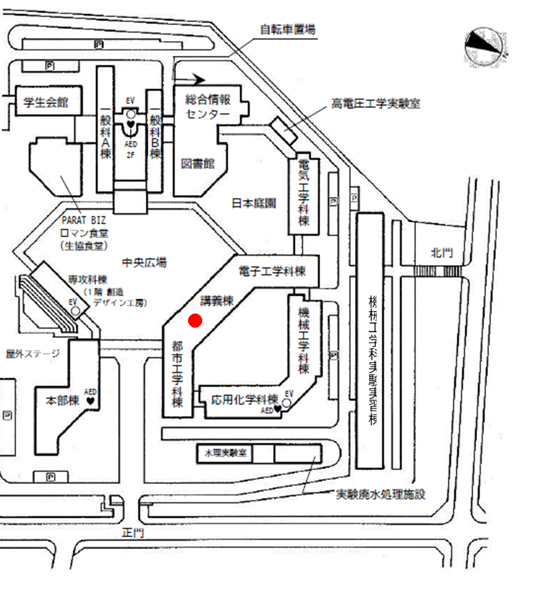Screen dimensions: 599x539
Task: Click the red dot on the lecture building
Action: [x=195, y=321]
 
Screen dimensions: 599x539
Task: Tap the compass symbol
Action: [x=484, y=48]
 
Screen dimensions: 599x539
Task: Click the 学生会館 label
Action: [x=45, y=103]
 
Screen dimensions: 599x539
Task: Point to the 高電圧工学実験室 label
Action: [x=375, y=104]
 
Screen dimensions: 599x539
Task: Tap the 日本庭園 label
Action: [x=254, y=203]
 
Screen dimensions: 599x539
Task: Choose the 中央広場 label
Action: [x=144, y=262]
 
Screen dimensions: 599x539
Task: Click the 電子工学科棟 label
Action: [x=272, y=271]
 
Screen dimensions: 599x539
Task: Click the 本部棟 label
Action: [x=62, y=400]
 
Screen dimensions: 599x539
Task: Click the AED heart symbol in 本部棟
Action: [x=90, y=400]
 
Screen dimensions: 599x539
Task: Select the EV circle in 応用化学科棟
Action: [x=286, y=403]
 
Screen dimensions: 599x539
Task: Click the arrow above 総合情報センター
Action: [x=194, y=79]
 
